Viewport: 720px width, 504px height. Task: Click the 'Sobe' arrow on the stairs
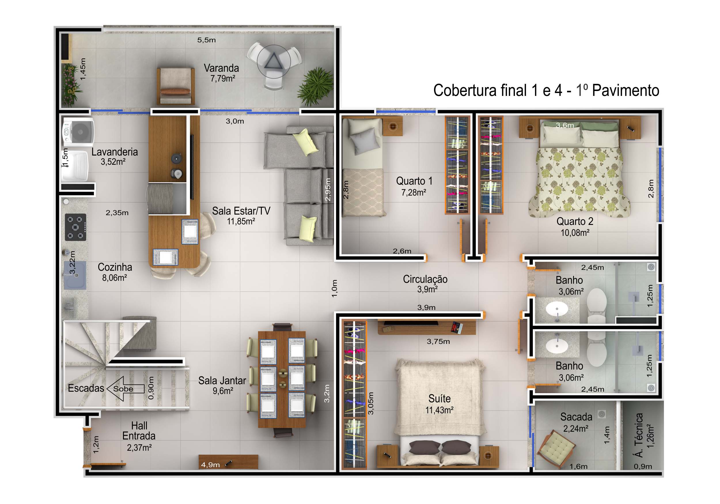(x=126, y=389)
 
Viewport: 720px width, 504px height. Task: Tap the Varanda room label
(x=221, y=68)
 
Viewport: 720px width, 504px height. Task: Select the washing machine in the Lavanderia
(x=78, y=132)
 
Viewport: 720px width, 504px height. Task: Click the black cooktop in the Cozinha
(x=75, y=227)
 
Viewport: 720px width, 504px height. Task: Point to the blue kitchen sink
(x=75, y=275)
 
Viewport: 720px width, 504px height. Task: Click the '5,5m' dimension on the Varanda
(x=206, y=40)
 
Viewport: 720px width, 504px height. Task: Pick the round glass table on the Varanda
(x=274, y=61)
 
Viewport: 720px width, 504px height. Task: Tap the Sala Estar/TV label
(x=241, y=211)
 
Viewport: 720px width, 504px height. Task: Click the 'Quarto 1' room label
(x=414, y=181)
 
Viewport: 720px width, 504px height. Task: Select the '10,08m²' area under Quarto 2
(x=575, y=233)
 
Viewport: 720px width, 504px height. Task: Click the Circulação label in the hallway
(x=425, y=279)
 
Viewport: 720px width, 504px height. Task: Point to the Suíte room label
(x=440, y=398)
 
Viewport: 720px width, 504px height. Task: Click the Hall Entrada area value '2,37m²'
(x=139, y=448)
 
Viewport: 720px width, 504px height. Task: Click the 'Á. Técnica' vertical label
(x=638, y=435)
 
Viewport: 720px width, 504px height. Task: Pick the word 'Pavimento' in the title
(x=626, y=90)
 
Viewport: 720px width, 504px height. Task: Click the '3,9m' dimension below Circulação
(x=426, y=307)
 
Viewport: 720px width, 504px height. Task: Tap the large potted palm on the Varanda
(x=316, y=86)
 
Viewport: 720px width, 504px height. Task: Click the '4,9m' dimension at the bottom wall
(x=211, y=465)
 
